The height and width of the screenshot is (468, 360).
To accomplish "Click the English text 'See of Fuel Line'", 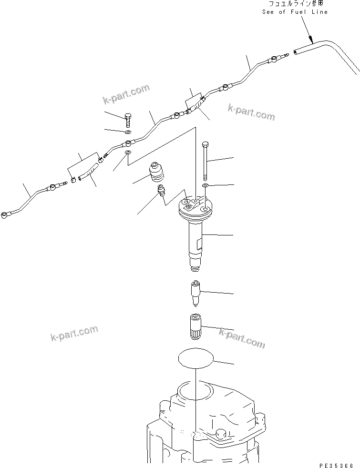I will [295, 12].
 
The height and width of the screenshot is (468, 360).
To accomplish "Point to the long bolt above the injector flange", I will [205, 160].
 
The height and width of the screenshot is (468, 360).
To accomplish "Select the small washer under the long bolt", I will [205, 184].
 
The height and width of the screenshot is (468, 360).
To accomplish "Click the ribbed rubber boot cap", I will [155, 173].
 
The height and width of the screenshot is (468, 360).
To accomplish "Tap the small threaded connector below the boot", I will [161, 192].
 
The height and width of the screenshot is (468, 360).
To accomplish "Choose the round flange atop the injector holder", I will [195, 207].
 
